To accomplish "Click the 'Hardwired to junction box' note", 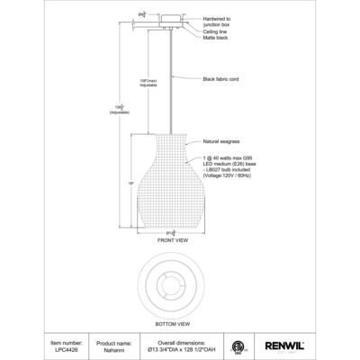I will pyautogui.click(x=222, y=20).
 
